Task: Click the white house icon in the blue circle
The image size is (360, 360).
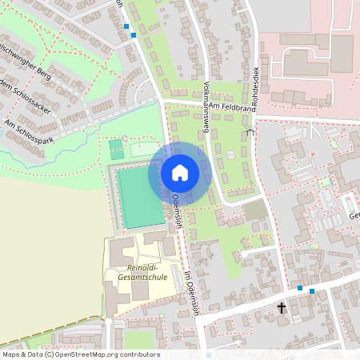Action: (x=179, y=173)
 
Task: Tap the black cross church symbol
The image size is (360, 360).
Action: (x=282, y=307)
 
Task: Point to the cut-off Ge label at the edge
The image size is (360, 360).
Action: (x=353, y=216)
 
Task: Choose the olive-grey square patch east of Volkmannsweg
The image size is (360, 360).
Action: (x=254, y=210)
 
